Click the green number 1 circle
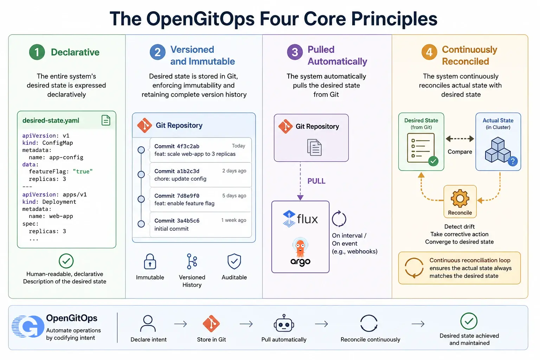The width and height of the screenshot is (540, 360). click(37, 52)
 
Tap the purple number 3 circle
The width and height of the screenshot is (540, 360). click(295, 52)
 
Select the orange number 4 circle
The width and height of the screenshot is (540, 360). click(429, 52)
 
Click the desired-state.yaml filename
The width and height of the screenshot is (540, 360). click(51, 120)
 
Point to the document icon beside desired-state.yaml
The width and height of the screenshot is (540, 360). click(106, 120)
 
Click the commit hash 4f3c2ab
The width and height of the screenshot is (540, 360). click(188, 146)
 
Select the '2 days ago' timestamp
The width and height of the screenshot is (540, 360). click(234, 171)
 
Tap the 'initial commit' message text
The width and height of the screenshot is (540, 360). click(172, 229)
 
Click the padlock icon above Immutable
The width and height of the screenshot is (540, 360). click(150, 261)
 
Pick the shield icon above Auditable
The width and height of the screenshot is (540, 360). click(234, 261)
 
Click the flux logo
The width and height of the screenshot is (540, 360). click(300, 219)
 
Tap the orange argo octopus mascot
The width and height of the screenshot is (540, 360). click(300, 247)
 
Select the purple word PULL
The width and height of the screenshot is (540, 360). click(316, 181)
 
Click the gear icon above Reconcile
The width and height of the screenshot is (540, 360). click(460, 198)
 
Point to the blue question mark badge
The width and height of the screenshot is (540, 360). click(513, 161)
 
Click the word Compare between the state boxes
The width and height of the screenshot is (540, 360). click(460, 152)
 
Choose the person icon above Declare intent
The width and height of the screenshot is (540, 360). click(148, 323)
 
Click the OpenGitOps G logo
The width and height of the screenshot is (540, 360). click(28, 326)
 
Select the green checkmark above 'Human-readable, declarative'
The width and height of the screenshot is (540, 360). click(66, 261)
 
